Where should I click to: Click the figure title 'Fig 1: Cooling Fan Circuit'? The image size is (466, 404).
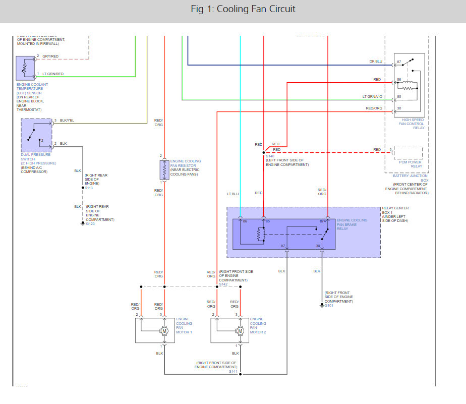[x=243, y=9]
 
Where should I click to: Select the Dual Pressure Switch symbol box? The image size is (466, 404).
[x=36, y=135]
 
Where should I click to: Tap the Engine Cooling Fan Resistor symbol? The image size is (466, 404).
[x=164, y=170]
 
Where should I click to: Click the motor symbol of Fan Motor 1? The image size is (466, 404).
[x=164, y=330]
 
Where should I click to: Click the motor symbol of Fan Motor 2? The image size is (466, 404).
[x=240, y=330]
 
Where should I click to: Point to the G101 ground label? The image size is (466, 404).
[x=329, y=305]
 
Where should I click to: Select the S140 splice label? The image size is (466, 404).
[x=270, y=157]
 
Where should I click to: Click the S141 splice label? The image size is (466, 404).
[x=232, y=372]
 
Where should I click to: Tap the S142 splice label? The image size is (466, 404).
[x=223, y=284]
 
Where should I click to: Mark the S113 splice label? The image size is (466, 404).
[x=89, y=188]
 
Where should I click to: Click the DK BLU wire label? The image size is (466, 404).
[x=375, y=61]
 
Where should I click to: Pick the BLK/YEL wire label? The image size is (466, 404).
[x=67, y=121]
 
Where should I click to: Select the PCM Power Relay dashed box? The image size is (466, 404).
[x=408, y=152]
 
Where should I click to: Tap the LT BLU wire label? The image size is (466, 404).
[x=232, y=193]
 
